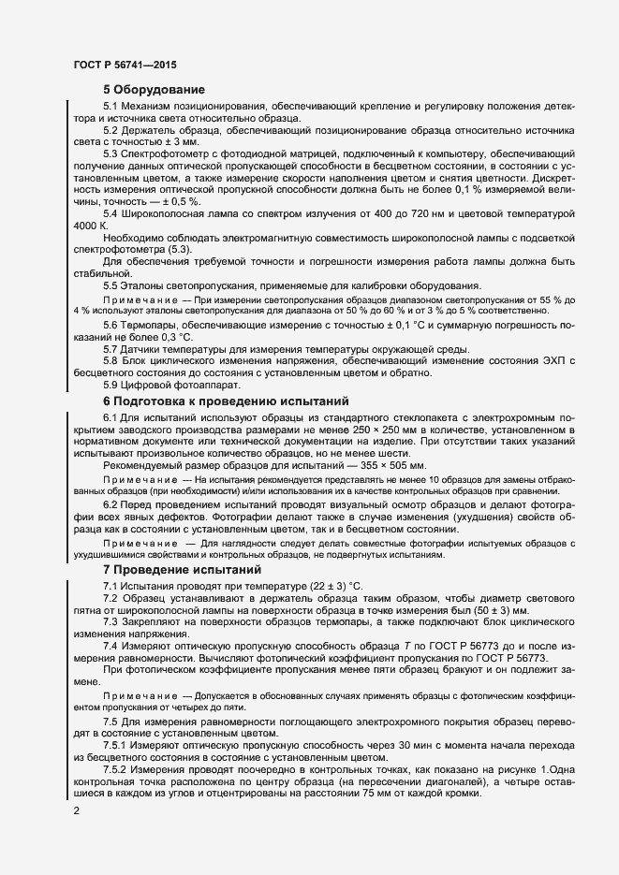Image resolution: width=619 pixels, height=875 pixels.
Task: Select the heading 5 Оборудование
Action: [155, 90]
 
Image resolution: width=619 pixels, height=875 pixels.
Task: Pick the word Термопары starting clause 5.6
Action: [155, 324]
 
